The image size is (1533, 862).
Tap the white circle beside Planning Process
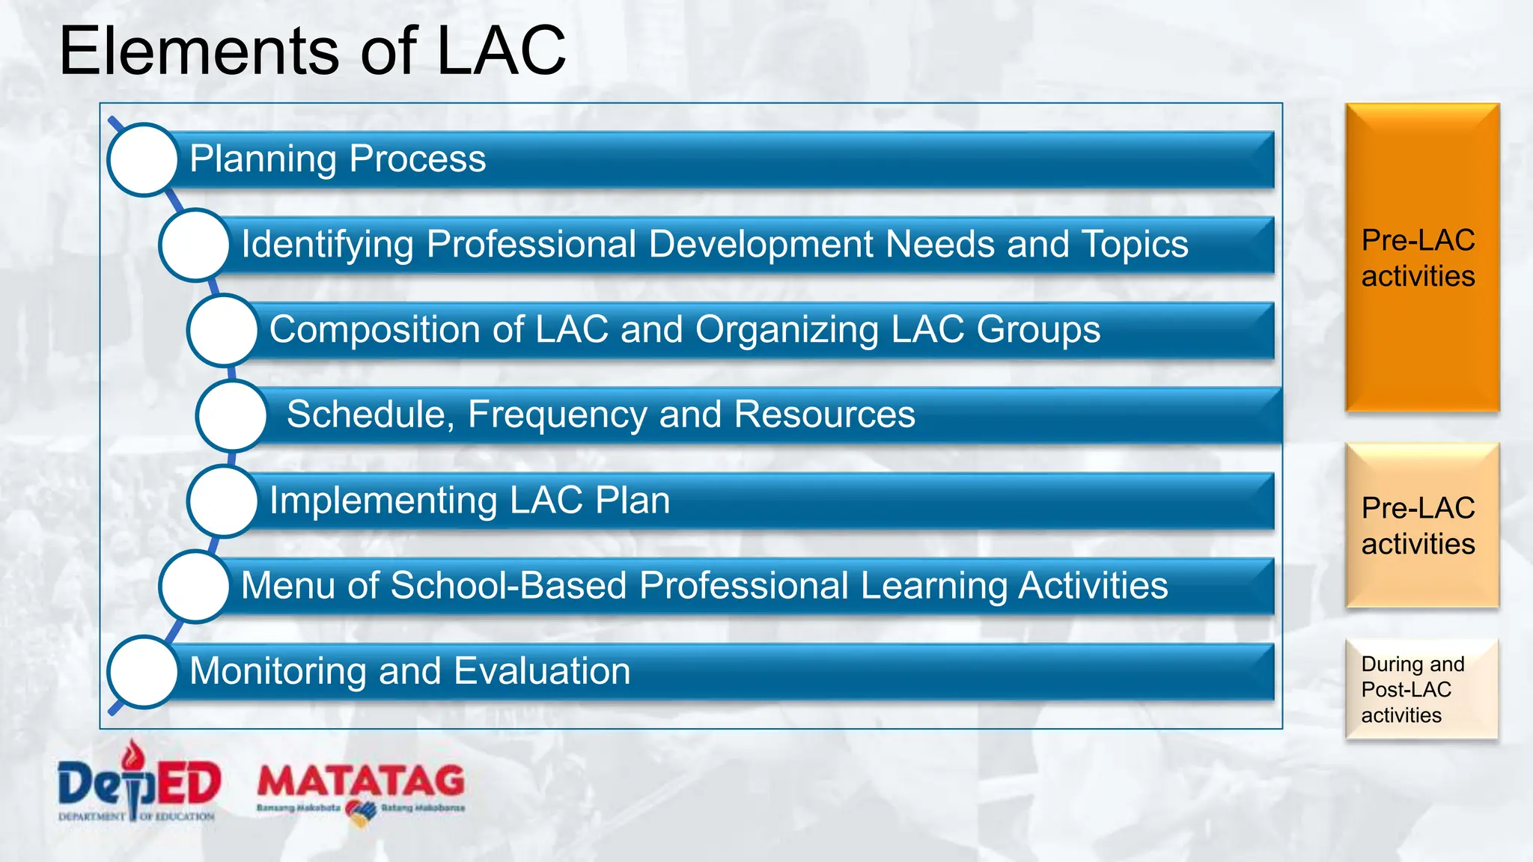143,159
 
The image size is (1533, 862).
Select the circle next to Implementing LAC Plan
223,501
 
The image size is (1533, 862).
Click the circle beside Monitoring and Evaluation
143,671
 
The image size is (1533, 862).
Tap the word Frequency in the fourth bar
557,415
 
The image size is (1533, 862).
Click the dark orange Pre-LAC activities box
1421,257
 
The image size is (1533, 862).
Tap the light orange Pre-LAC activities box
1421,525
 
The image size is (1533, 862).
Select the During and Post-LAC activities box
1421,689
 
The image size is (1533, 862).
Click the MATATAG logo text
361,781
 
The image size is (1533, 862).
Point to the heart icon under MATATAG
361,813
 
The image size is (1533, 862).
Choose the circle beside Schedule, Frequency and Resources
232,415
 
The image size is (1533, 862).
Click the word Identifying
327,245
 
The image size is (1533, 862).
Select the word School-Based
508,585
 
